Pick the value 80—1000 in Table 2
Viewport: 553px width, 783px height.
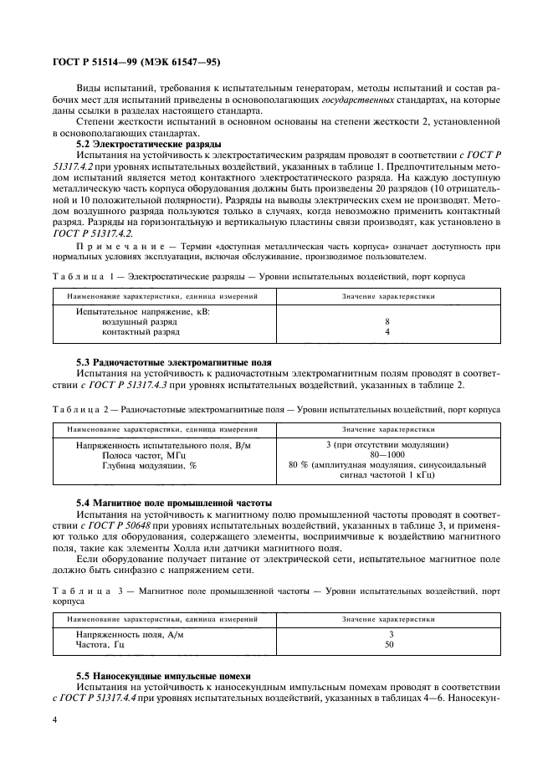pyautogui.click(x=387, y=455)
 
